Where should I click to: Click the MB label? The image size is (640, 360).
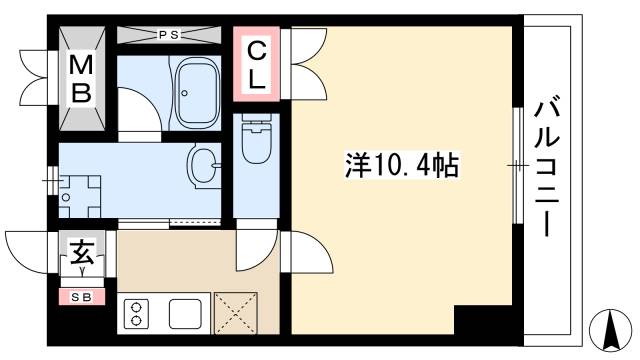tap(81, 81)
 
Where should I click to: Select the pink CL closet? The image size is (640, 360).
tap(256, 65)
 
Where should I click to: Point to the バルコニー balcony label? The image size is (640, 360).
tap(547, 165)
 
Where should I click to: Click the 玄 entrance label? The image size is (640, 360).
tap(81, 250)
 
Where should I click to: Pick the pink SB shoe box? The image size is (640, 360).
tap(81, 296)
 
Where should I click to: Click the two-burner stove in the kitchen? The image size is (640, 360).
tap(136, 314)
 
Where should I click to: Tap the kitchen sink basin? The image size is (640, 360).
tap(187, 314)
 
